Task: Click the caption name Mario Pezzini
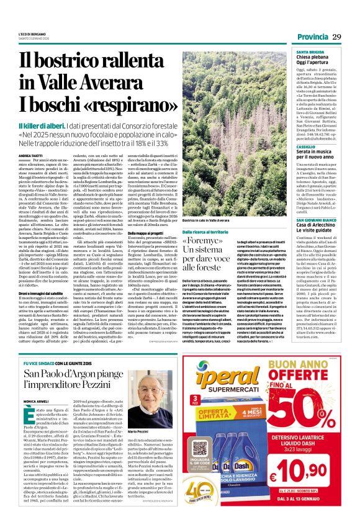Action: coord(156,431)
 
